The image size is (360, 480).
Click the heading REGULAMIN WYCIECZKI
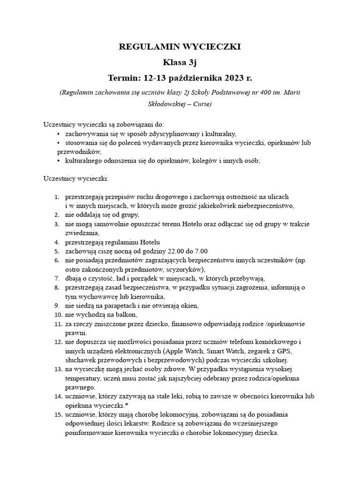pyautogui.click(x=180, y=47)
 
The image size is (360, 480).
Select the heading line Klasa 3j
pyautogui.click(x=180, y=62)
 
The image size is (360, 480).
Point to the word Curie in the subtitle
pyautogui.click(x=198, y=104)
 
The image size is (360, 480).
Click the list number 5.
pyautogui.click(x=56, y=251)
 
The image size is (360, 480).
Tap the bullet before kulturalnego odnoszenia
pyautogui.click(x=58, y=160)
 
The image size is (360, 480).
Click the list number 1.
pyautogui.click(x=56, y=196)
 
